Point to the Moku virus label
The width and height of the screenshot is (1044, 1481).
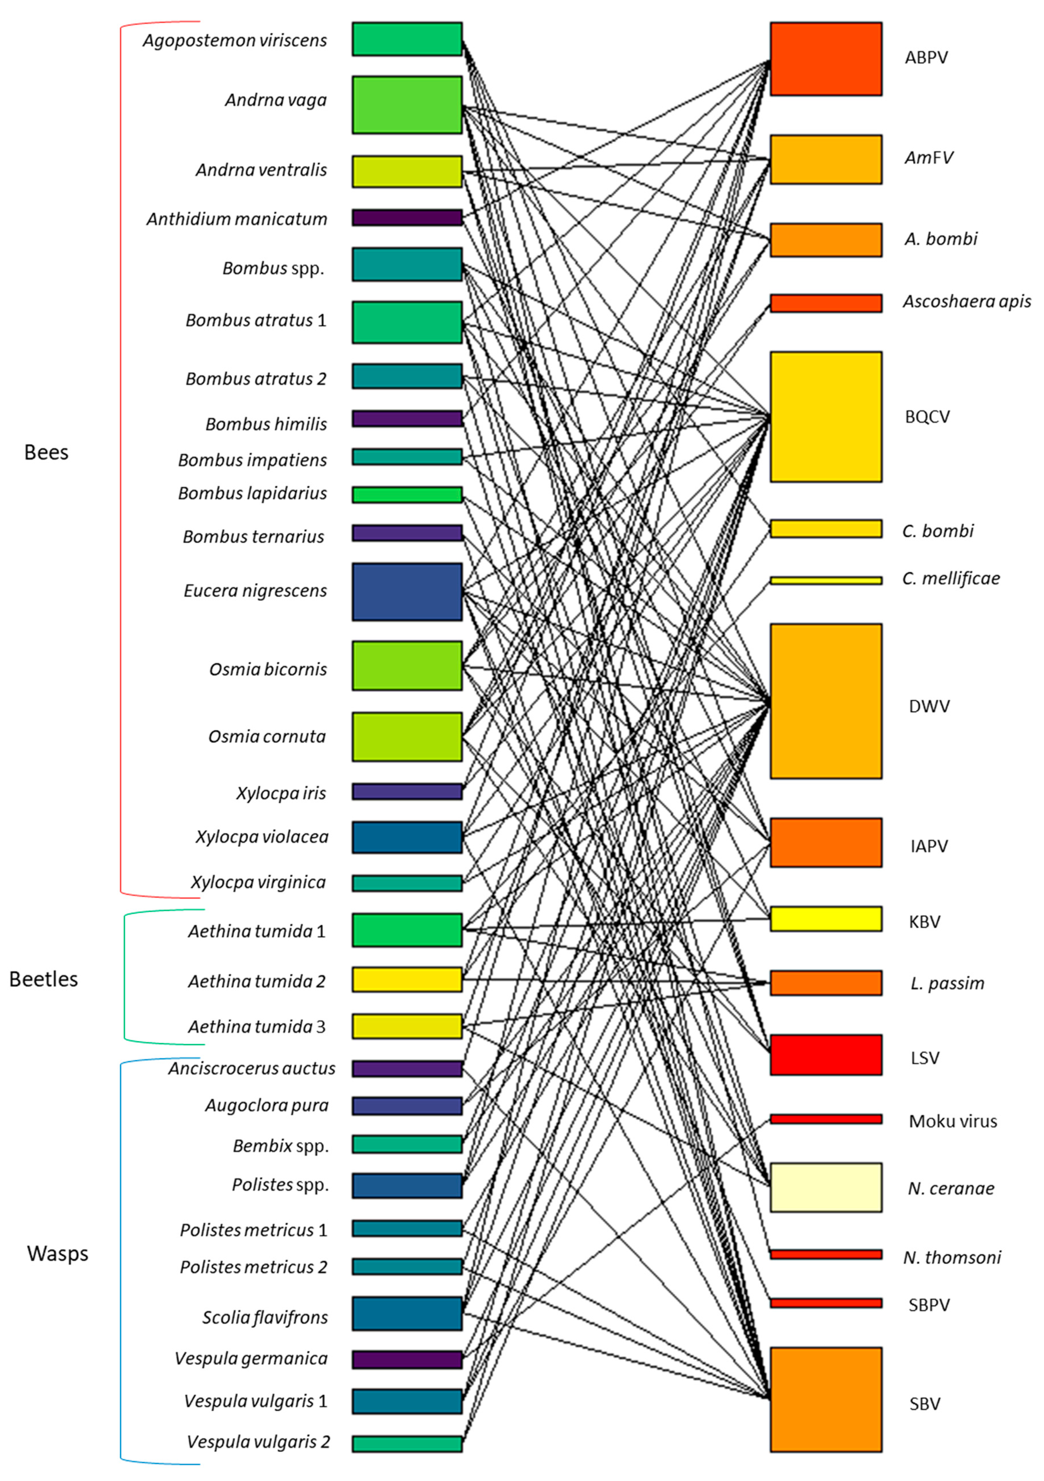pyautogui.click(x=952, y=1121)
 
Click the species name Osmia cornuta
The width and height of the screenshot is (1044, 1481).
pyautogui.click(x=267, y=736)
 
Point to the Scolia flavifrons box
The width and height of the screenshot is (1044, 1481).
pyautogui.click(x=407, y=1313)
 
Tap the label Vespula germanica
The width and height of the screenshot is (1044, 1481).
pyautogui.click(x=251, y=1358)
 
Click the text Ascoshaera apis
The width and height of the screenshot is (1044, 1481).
pyautogui.click(x=966, y=301)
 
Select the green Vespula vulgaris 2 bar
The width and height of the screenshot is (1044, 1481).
pyautogui.click(x=407, y=1443)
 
